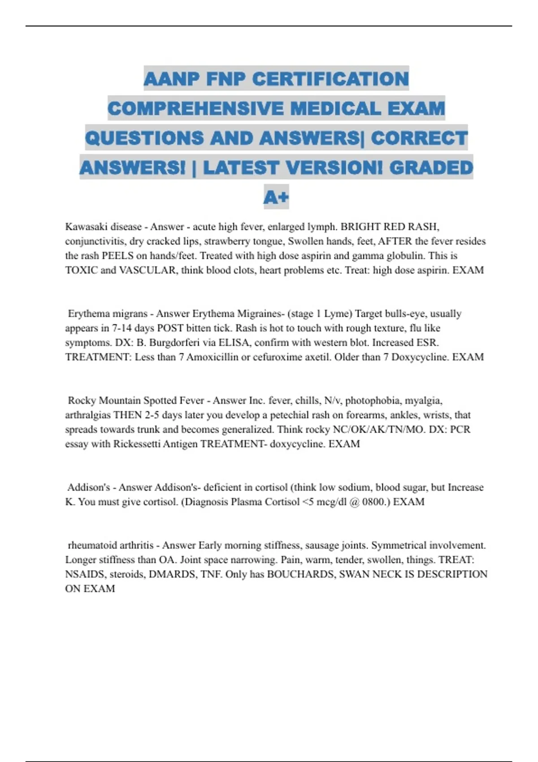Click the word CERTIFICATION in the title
click(330, 79)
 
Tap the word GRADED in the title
click(431, 168)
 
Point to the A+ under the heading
click(276, 197)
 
